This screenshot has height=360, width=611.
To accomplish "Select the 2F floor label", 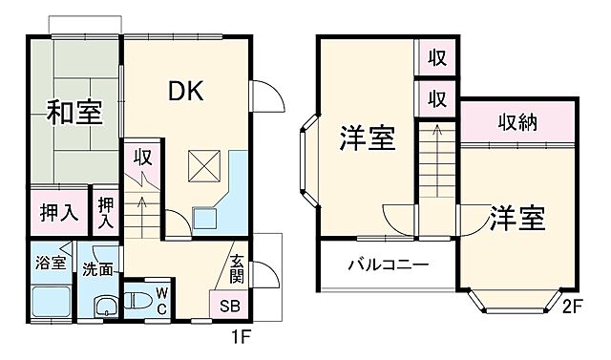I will point(572,307).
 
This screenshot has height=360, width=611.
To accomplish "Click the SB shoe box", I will point(230,307).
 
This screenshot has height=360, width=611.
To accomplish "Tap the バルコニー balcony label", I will point(387,265).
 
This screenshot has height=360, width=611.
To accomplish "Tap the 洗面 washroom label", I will point(96,269).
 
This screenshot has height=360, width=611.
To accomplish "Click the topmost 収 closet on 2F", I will point(436,57).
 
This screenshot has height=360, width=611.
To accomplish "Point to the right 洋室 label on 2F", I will point(518,219).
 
